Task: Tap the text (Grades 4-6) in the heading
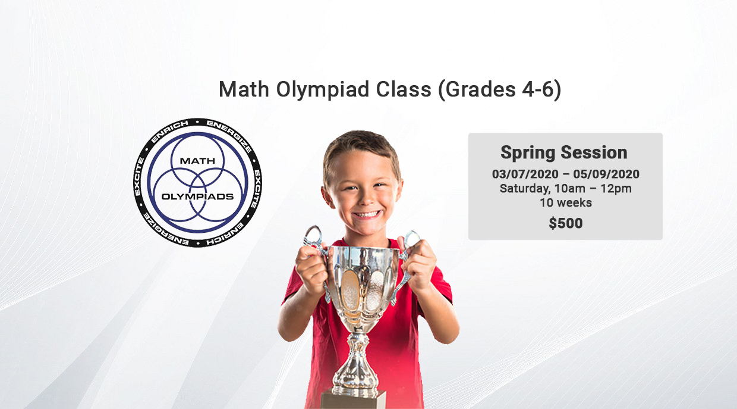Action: click(500, 90)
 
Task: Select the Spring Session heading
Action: click(564, 152)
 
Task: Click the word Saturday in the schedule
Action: click(524, 189)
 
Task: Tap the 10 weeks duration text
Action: click(566, 202)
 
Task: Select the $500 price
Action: click(566, 223)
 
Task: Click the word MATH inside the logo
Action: click(197, 161)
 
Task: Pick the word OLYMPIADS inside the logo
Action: click(197, 196)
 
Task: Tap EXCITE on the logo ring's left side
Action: click(139, 177)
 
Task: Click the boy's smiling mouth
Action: click(367, 215)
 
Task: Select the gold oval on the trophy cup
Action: click(350, 290)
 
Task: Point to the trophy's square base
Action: click(353, 399)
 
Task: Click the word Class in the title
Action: click(404, 90)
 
